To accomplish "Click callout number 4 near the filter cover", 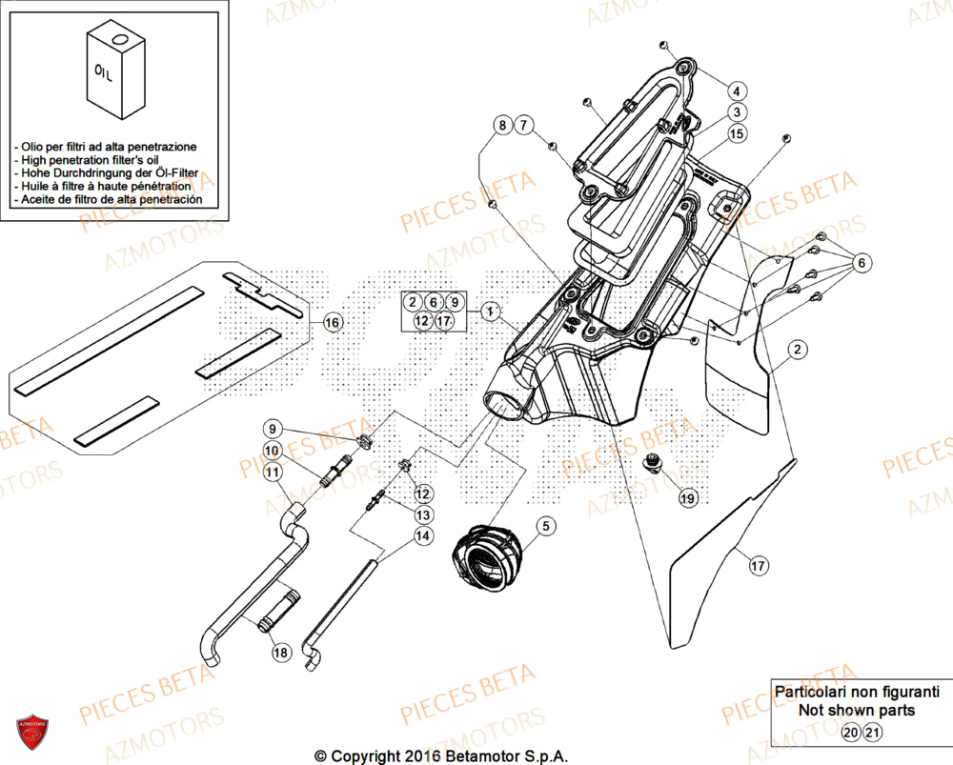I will click(736, 91).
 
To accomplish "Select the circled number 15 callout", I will click(736, 134).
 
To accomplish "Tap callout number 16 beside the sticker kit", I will click(331, 323).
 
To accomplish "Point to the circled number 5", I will click(545, 525).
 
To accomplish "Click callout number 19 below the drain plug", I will click(687, 497).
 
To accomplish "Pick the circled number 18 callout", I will click(280, 653).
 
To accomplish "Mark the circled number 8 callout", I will click(501, 125).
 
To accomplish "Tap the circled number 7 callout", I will click(525, 125).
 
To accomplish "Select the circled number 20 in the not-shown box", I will click(850, 732).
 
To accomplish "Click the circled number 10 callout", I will click(273, 451).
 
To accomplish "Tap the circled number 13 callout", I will click(422, 514).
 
